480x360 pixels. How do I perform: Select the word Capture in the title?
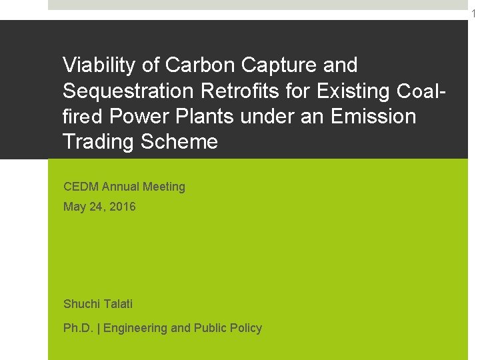(x=279, y=65)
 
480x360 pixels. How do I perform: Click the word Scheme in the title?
(x=179, y=141)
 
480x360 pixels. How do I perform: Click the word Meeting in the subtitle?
(x=163, y=187)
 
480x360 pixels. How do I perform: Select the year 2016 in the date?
(x=123, y=207)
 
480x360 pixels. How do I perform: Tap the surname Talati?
(x=118, y=304)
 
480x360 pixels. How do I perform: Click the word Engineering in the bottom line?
(x=135, y=328)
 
